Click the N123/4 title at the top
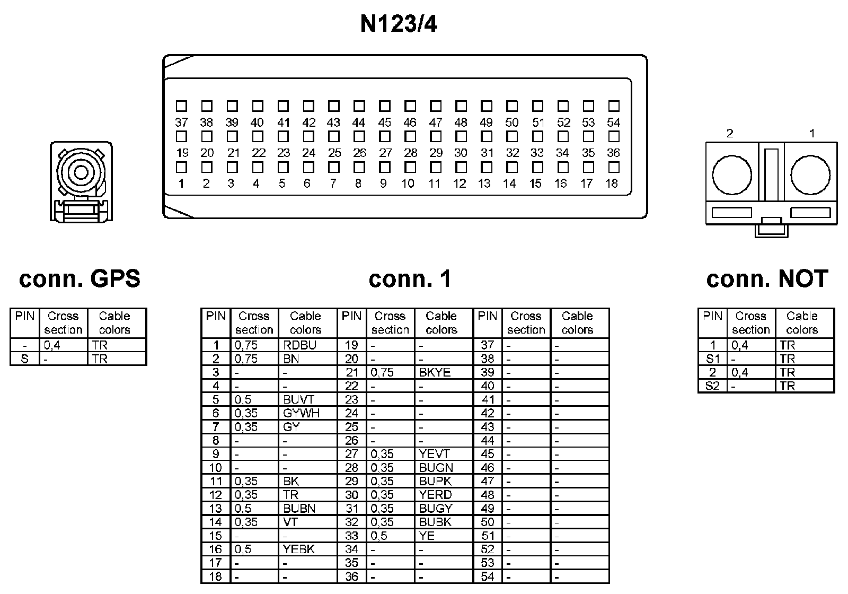pyautogui.click(x=399, y=24)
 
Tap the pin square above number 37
pyautogui.click(x=181, y=106)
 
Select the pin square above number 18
pyautogui.click(x=614, y=168)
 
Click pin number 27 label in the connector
pyautogui.click(x=385, y=153)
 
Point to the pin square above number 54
pyautogui.click(x=614, y=106)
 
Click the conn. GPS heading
pyautogui.click(x=79, y=278)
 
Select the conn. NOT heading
pyautogui.click(x=767, y=278)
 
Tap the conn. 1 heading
pyautogui.click(x=410, y=278)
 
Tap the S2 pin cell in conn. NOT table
pyautogui.click(x=713, y=386)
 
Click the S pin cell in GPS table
pyautogui.click(x=24, y=359)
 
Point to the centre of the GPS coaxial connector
pyautogui.click(x=81, y=172)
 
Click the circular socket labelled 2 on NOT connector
pyautogui.click(x=732, y=174)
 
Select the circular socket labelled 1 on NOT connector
pyautogui.click(x=810, y=174)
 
